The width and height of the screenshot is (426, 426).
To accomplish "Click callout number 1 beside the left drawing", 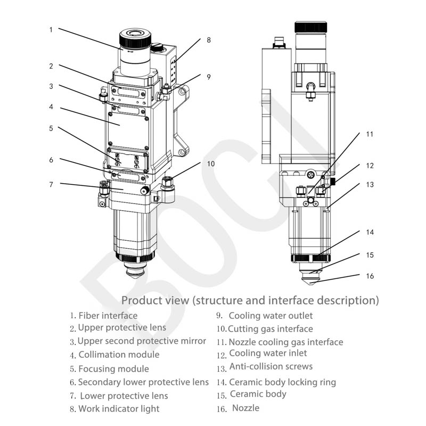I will (51, 30).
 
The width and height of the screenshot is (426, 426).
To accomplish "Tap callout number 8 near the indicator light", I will (209, 40).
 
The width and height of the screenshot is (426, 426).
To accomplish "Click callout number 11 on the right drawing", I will (370, 134).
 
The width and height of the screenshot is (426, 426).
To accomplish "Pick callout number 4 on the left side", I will (51, 106).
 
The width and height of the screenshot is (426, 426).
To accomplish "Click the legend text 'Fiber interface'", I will (108, 316).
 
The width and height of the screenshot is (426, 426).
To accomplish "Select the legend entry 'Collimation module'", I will (119, 355).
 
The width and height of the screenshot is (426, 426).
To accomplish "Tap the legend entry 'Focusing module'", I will (113, 368).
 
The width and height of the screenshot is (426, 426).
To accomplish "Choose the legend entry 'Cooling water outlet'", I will (271, 316).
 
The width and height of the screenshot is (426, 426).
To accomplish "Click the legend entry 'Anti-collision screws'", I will (271, 367).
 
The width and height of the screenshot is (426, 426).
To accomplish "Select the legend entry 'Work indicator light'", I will (118, 409).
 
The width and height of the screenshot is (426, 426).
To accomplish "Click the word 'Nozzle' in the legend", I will (246, 408).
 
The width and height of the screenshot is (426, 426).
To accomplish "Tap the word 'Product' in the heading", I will (141, 300).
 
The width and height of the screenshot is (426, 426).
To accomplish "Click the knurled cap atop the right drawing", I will (311, 27).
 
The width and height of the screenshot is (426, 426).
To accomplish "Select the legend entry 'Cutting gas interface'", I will (271, 329).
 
